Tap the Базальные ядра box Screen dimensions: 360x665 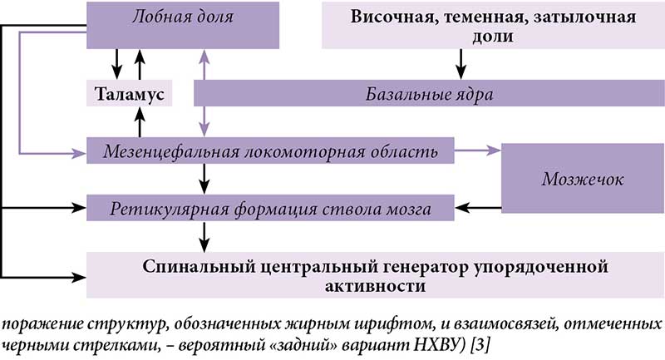click(431, 94)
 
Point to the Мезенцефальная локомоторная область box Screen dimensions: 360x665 click(270, 153)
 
